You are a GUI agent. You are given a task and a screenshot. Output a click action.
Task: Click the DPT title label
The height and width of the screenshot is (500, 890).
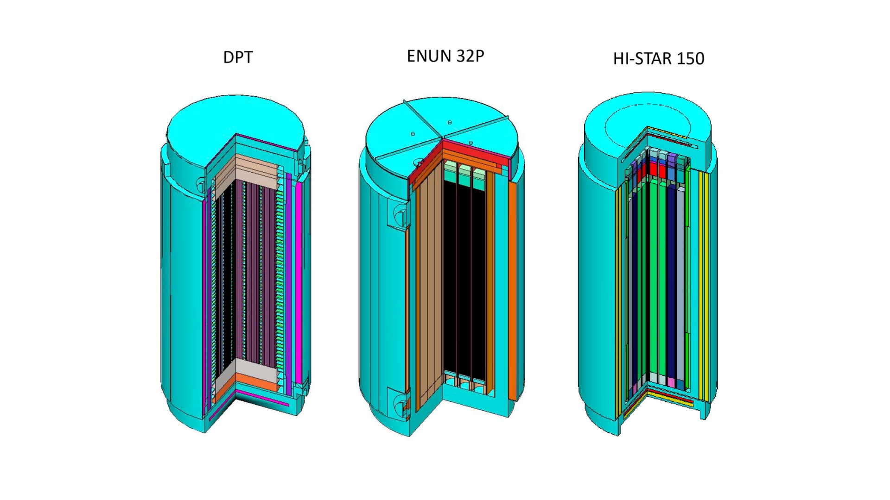pyautogui.click(x=238, y=57)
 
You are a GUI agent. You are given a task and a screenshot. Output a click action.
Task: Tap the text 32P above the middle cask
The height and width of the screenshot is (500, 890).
pyautogui.click(x=470, y=56)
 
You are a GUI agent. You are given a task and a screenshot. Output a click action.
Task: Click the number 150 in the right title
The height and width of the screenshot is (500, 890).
pyautogui.click(x=691, y=58)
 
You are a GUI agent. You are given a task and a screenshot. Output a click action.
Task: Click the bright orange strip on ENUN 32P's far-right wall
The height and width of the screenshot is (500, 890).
pyautogui.click(x=512, y=292)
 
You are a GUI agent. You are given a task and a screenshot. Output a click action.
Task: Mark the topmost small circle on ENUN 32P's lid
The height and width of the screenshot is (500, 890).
pyautogui.click(x=450, y=122)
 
